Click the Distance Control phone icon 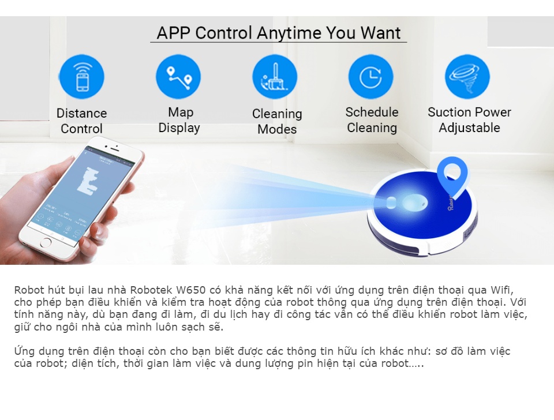pos(82,77)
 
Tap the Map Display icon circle pos(178,77)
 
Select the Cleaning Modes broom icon pos(275,77)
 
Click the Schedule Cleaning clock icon pos(370,77)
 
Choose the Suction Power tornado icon pos(467,77)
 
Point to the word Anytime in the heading pos(289,33)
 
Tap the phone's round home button pos(46,243)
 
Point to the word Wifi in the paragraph pos(502,290)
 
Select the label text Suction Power pos(469,112)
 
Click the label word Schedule pos(372,112)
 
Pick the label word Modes pos(277,129)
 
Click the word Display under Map pos(179,128)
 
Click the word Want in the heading pos(380,33)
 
